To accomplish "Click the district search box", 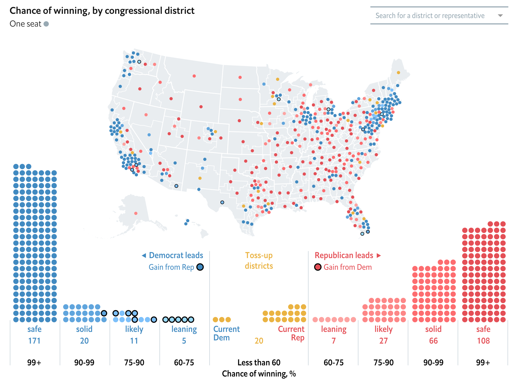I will pyautogui.click(x=430, y=16).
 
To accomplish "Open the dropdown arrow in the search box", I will pyautogui.click(x=500, y=16).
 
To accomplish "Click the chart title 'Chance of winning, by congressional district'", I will pyautogui.click(x=102, y=11).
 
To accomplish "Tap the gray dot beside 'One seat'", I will pyautogui.click(x=46, y=24).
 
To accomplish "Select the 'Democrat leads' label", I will pyautogui.click(x=176, y=255).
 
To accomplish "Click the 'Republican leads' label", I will pyautogui.click(x=344, y=255).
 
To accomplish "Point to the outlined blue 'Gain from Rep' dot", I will pyautogui.click(x=200, y=267).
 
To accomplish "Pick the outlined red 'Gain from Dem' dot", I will pyautogui.click(x=318, y=267).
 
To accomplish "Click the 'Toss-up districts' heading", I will pyautogui.click(x=259, y=260).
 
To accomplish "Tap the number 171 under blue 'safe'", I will pyautogui.click(x=34, y=341).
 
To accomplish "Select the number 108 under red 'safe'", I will pyautogui.click(x=483, y=341).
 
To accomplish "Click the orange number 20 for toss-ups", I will pyautogui.click(x=259, y=341).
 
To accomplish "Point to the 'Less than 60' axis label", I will pyautogui.click(x=259, y=362).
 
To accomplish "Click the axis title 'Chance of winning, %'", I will pyautogui.click(x=259, y=374).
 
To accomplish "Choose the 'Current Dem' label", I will pyautogui.click(x=226, y=333).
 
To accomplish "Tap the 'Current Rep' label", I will pyautogui.click(x=291, y=333).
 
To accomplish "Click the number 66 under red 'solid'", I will pyautogui.click(x=433, y=341).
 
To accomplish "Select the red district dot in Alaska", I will pyautogui.click(x=136, y=213).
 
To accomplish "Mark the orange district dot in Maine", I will pyautogui.click(x=398, y=72).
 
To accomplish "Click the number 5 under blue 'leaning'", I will pyautogui.click(x=184, y=341).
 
